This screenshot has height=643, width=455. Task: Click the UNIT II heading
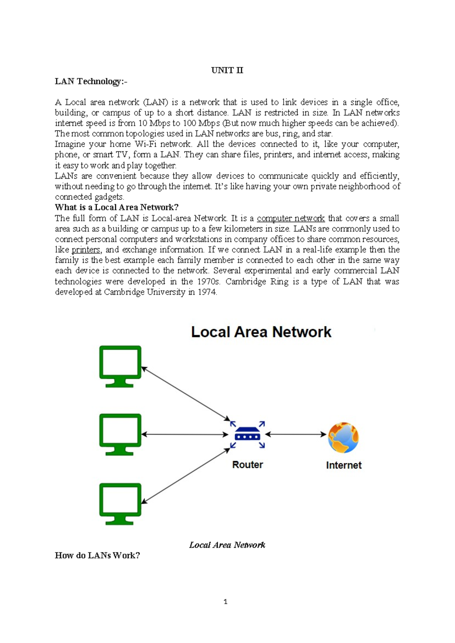click(227, 71)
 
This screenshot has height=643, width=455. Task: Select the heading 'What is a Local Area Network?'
click(116, 207)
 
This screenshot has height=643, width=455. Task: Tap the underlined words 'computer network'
click(290, 218)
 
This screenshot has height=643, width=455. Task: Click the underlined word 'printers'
click(86, 250)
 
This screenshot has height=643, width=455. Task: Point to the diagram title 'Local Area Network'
click(261, 332)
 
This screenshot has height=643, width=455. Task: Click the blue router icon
click(247, 434)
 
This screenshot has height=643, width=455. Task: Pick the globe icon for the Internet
click(343, 438)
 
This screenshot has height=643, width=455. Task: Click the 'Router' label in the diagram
click(247, 465)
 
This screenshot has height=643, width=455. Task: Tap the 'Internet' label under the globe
click(344, 465)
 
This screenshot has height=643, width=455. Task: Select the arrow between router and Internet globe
click(296, 434)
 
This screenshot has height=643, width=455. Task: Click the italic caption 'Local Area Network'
click(227, 545)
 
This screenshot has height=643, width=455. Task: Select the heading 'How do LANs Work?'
click(97, 556)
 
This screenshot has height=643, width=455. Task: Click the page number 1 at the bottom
click(226, 602)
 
